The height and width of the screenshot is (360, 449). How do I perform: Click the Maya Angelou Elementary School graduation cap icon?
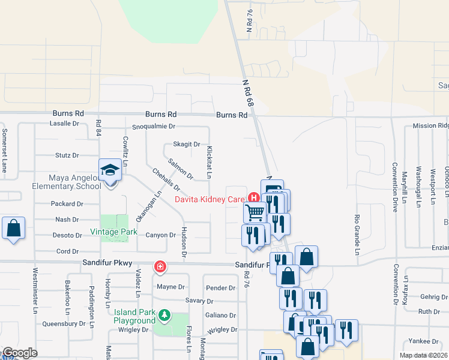point(110,170)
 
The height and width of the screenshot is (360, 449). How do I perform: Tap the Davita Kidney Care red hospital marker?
point(253,197)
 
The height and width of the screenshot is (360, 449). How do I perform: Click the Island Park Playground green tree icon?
point(163,314)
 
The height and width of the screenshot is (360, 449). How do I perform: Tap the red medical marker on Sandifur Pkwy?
point(160,266)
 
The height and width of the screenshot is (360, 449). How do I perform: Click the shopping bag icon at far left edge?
point(13,229)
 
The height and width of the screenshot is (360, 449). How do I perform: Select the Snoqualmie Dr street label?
point(153,127)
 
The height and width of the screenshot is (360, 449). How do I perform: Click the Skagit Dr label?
point(186,144)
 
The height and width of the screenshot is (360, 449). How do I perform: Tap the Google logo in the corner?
point(20,353)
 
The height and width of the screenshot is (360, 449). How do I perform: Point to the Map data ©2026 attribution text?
point(423,355)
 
